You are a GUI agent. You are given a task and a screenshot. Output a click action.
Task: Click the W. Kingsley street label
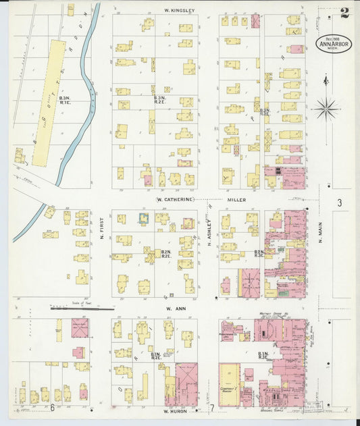179,11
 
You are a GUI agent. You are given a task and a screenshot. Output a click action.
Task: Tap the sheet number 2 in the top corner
344,11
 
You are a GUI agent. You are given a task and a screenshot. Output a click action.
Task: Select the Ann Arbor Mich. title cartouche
329,45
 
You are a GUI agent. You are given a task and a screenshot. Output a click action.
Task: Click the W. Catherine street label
175,200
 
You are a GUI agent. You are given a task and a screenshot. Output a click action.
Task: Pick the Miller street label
236,200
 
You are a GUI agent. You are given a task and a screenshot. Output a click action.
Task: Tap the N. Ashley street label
210,232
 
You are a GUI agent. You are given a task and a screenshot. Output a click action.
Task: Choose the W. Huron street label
174,410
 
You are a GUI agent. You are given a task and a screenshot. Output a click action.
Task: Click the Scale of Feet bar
82,309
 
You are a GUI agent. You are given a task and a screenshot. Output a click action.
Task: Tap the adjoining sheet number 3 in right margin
340,203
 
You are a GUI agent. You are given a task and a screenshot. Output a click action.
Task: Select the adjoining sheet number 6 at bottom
51,407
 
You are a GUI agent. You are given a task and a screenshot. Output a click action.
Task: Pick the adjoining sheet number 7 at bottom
211,408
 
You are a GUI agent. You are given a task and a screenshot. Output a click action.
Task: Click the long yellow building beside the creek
49,101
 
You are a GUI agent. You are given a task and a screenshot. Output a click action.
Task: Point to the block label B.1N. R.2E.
155,356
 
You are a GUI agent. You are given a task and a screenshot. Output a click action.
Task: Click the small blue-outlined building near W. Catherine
143,218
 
